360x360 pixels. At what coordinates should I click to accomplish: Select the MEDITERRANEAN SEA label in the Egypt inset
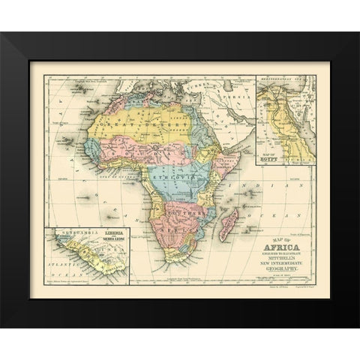click(287, 77)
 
